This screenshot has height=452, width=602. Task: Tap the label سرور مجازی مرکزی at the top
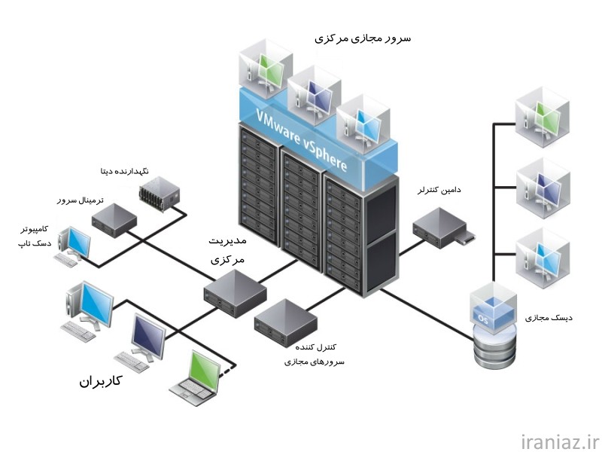[363, 38]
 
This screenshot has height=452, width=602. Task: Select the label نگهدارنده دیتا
[124, 171]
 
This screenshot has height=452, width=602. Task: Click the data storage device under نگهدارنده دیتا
[160, 194]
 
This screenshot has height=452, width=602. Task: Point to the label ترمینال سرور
[81, 200]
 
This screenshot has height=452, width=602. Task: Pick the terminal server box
[114, 220]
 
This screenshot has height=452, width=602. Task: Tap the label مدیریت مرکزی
[227, 250]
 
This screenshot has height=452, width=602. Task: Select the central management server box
[235, 293]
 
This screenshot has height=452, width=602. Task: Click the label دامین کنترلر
[439, 190]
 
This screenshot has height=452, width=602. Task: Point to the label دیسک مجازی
[549, 318]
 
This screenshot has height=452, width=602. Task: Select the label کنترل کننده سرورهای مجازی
[315, 354]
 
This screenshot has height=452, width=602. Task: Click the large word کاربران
[100, 381]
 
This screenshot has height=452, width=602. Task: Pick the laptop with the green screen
[195, 379]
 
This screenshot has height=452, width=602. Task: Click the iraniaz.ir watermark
[561, 441]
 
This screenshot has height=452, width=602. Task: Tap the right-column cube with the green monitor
[542, 117]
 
